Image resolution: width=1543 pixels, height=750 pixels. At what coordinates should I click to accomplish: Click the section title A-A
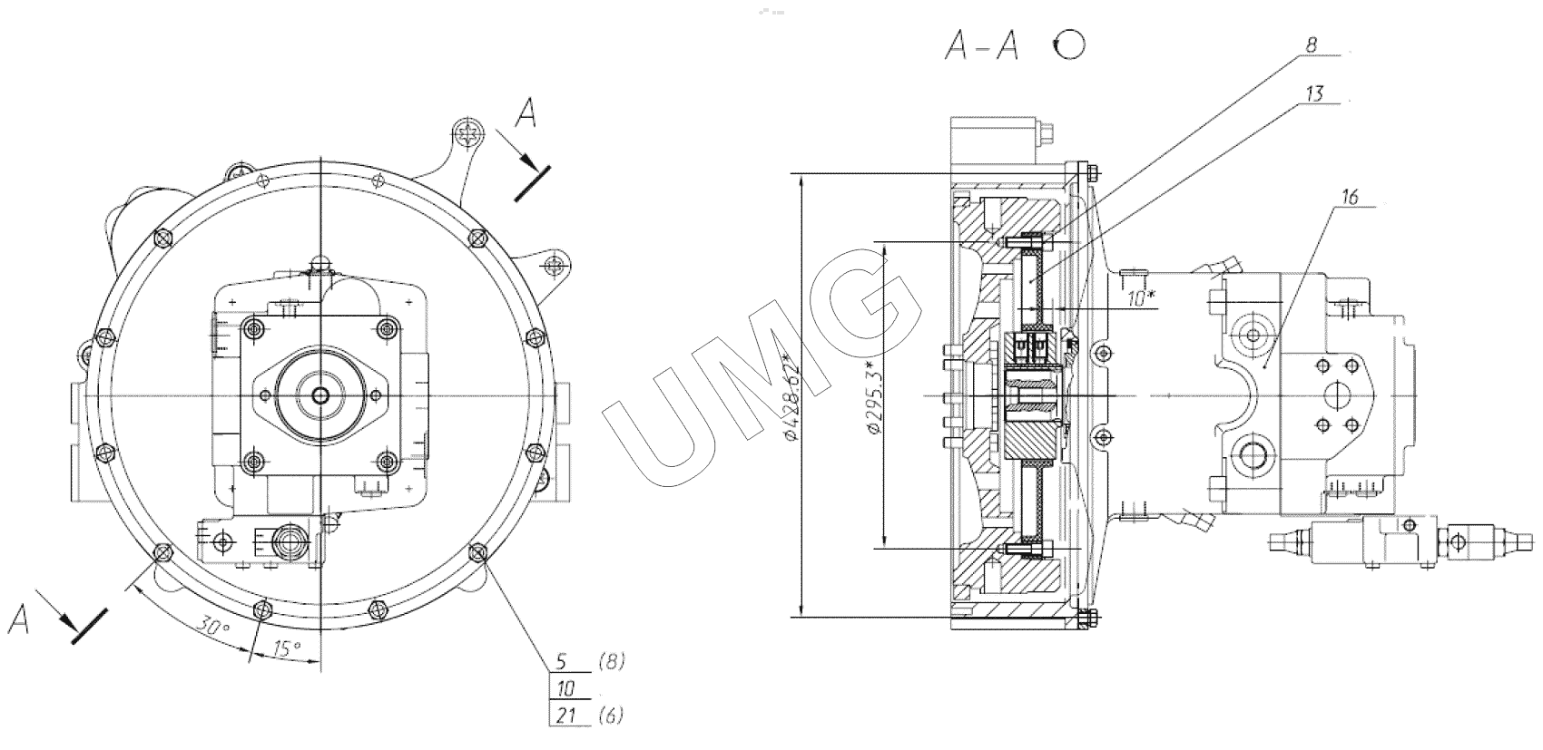click(x=982, y=47)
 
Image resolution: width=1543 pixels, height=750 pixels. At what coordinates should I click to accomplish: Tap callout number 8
click(x=1311, y=45)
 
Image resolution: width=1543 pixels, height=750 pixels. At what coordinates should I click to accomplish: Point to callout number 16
click(x=1350, y=197)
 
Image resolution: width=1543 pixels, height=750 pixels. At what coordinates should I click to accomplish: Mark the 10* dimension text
click(x=1142, y=297)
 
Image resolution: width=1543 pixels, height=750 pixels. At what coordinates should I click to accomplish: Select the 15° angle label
click(x=287, y=648)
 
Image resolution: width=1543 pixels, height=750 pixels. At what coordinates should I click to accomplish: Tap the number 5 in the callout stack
click(x=562, y=661)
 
